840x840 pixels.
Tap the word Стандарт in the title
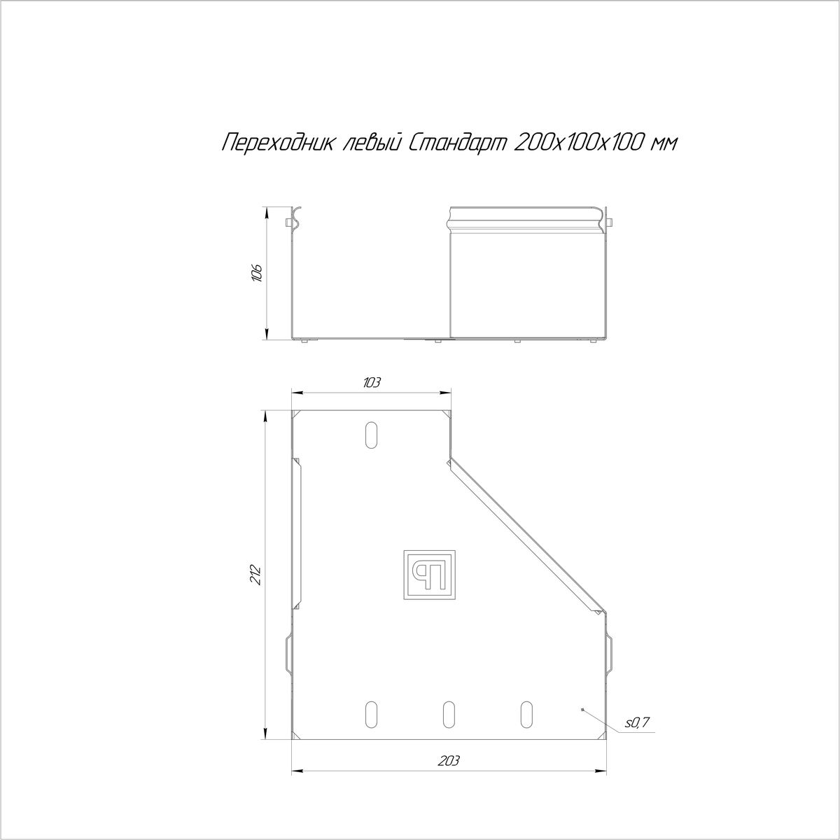pyautogui.click(x=457, y=143)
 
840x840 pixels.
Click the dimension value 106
pyautogui.click(x=257, y=273)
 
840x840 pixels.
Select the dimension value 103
pyautogui.click(x=371, y=383)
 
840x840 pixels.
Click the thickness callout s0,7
pyautogui.click(x=637, y=722)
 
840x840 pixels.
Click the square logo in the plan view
pyautogui.click(x=429, y=575)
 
